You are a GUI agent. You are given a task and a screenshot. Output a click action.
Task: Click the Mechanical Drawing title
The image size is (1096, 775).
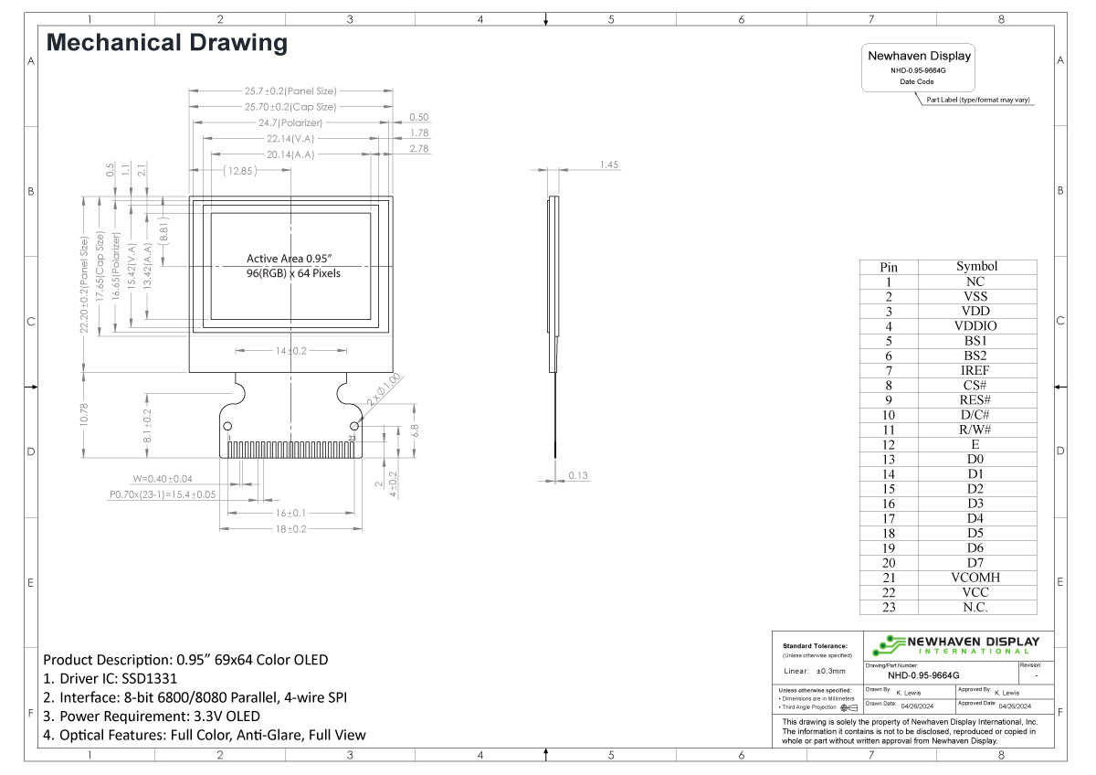coord(166,42)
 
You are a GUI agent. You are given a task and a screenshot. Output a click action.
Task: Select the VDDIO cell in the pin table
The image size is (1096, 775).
coord(975,325)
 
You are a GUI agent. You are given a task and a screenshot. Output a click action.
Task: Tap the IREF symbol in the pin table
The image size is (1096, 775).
coord(975,370)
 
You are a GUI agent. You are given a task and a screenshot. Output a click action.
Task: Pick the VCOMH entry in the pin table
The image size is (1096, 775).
coord(975,578)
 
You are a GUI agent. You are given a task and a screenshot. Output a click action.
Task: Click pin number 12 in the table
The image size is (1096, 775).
coord(888,444)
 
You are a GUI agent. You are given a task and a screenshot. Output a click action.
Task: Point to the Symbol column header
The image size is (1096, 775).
coord(975,266)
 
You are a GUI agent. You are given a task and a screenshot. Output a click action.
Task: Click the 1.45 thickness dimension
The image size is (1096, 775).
coord(609,165)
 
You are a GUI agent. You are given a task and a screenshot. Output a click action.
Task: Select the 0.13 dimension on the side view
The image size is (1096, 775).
coord(578,475)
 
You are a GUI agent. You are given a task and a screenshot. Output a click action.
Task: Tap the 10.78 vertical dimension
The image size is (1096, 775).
coord(84,413)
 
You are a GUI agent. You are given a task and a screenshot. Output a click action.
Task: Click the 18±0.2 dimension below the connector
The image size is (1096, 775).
coord(291,529)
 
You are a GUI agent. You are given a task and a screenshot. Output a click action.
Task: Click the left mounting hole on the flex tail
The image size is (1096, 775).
coord(228,426)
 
